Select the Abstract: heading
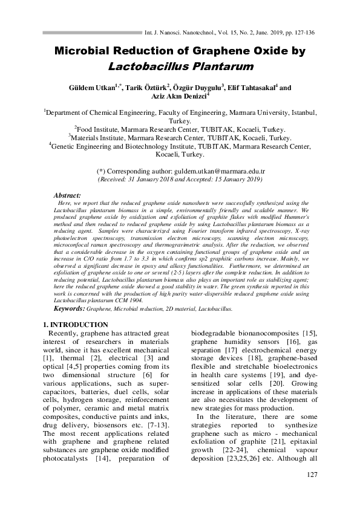tap(68, 196)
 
